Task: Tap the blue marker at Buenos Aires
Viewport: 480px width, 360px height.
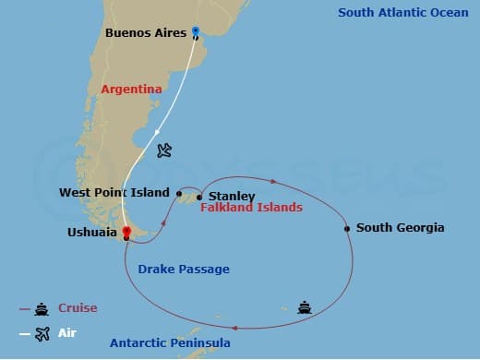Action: (x=195, y=32)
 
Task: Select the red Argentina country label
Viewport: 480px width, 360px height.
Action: (x=131, y=89)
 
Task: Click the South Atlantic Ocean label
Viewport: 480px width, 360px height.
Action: (x=403, y=12)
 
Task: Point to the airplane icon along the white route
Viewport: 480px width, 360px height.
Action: (x=165, y=150)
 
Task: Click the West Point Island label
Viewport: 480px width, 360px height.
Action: (x=114, y=193)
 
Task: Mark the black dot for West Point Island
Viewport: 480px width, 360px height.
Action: (x=179, y=194)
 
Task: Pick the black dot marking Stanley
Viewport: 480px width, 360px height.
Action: (x=199, y=197)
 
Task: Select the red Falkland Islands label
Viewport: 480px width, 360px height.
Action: (x=246, y=210)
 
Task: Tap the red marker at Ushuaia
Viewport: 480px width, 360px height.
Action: (x=126, y=234)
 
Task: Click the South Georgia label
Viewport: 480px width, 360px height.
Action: (x=400, y=228)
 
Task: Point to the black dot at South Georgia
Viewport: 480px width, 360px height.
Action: (x=347, y=228)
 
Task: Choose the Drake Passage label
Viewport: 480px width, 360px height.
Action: (x=184, y=270)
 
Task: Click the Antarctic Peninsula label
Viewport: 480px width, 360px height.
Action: (x=170, y=342)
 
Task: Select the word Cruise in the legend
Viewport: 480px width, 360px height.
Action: (x=78, y=308)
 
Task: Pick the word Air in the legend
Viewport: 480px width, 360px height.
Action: (x=67, y=334)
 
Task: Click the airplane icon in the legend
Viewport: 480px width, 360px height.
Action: (x=42, y=334)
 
